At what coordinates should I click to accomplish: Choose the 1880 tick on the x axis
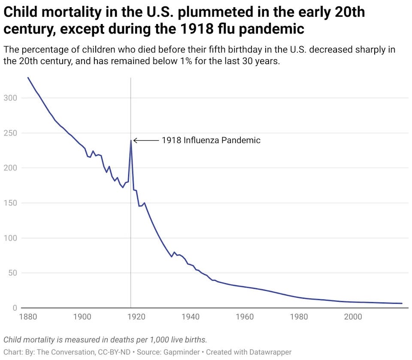28,317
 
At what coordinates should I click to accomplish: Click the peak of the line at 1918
131,140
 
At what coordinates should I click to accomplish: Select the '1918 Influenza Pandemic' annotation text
211,140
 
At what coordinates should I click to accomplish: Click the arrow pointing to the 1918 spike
145,140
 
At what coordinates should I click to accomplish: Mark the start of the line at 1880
28,78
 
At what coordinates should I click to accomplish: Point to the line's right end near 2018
402,303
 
